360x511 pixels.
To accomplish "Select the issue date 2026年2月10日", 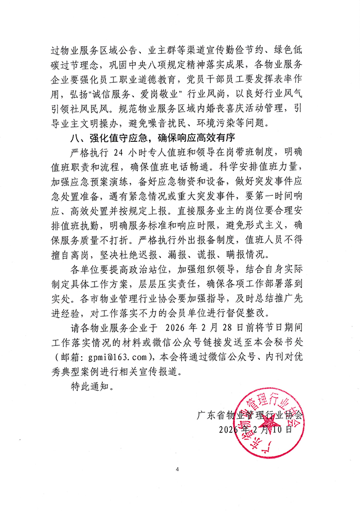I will [x=256, y=429].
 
